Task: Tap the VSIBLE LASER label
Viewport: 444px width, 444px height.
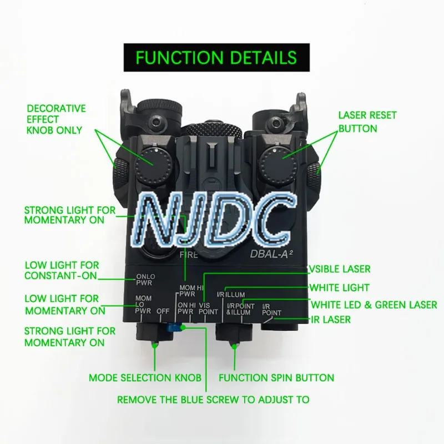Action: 340,269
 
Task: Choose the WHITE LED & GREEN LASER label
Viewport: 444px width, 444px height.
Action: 374,305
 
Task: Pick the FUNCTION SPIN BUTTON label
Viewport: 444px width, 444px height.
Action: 276,378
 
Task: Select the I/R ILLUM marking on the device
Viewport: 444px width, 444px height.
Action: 232,294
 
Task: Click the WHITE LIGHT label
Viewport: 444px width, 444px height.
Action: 340,287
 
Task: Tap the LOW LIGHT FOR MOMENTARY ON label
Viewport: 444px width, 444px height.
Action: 65,305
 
